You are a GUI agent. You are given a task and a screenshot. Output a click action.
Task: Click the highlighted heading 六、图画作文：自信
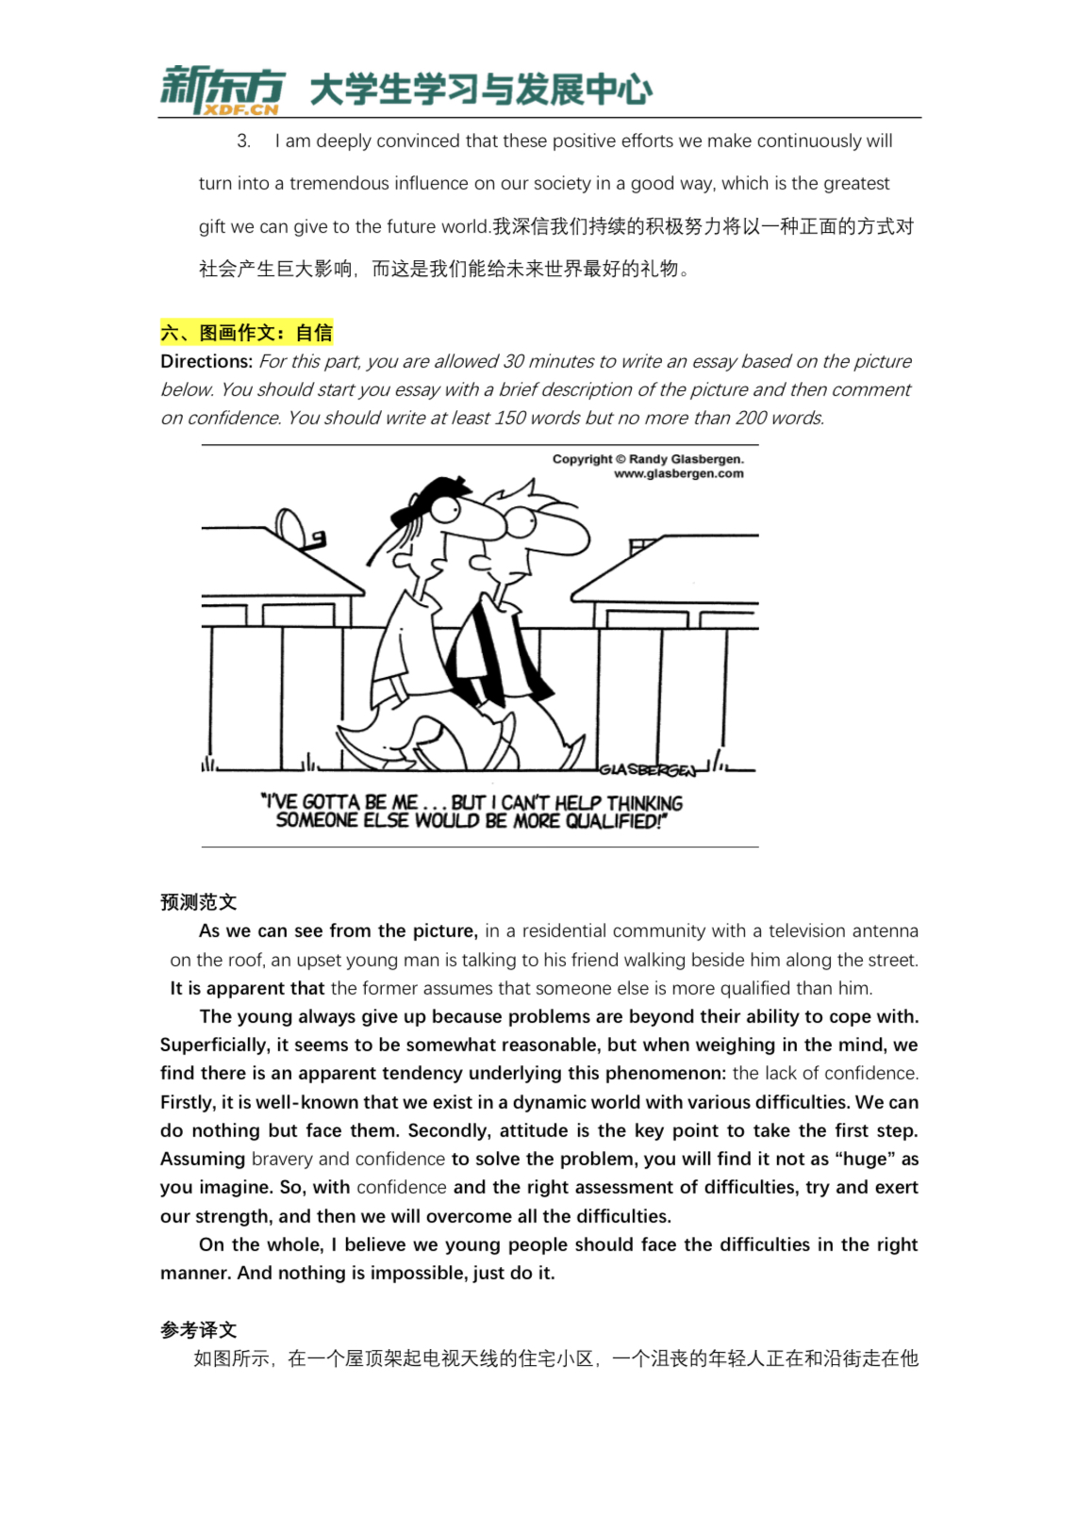pos(246,333)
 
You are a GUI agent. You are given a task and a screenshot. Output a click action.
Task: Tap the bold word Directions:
pos(207,362)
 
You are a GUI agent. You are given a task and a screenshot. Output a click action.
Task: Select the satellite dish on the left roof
pos(290,526)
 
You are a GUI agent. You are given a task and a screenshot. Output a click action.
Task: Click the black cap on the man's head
pos(430,499)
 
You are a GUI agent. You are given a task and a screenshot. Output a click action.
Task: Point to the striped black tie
pos(490,650)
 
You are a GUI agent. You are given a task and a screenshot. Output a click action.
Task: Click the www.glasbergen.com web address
pos(678,474)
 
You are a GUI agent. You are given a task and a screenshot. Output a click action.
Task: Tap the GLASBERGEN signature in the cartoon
pos(648,770)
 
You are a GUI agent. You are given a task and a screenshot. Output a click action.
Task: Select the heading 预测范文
pos(198,902)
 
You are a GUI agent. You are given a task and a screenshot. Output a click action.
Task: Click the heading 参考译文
pos(198,1330)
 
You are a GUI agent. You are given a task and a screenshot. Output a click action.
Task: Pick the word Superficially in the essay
pos(213,1045)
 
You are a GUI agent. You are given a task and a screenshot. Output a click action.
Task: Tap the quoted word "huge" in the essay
pos(865,1159)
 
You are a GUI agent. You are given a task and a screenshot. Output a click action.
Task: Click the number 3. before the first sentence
pos(243,141)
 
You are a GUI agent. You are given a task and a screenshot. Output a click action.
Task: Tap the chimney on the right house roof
pos(642,546)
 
